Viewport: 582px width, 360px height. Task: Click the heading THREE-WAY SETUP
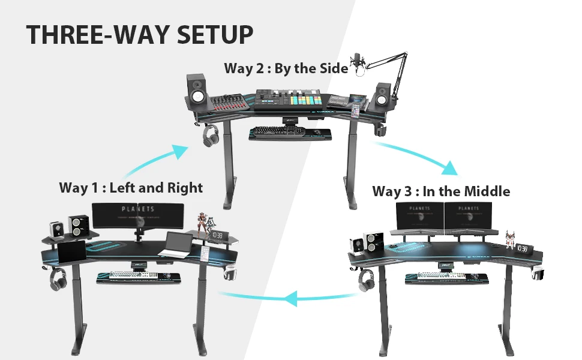click(x=139, y=35)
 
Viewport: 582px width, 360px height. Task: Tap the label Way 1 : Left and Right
click(x=131, y=188)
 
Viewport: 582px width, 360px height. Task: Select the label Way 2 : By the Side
click(x=286, y=68)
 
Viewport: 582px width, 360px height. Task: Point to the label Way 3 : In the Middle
click(x=441, y=191)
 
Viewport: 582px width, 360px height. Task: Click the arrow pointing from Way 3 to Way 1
click(x=288, y=296)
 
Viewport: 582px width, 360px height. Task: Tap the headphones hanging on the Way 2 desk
click(x=210, y=135)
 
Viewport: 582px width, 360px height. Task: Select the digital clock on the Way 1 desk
click(x=217, y=235)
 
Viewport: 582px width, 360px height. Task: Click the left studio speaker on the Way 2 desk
click(x=199, y=91)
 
